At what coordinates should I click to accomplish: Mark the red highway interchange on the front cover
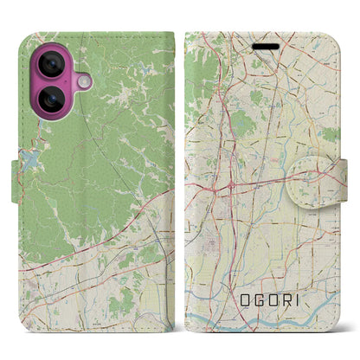pos(231,162)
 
